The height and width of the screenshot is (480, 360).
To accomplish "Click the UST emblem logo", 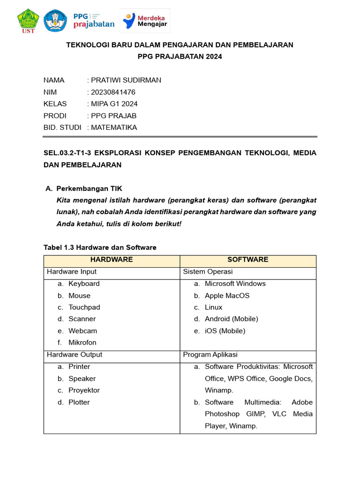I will point(28,21).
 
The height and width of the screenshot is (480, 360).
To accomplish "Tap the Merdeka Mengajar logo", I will point(145,21).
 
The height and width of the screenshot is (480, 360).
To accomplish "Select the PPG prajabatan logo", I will point(94,21).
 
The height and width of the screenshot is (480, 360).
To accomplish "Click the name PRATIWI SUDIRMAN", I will point(126,80).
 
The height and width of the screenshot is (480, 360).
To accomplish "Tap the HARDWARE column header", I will point(112,260).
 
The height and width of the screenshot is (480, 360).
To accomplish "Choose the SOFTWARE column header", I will point(248,260).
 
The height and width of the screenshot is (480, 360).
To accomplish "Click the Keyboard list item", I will point(84,284).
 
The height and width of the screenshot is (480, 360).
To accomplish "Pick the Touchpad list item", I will point(84,307).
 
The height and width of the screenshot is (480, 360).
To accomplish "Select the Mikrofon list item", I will point(82,343).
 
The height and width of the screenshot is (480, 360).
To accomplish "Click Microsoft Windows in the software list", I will point(235,284).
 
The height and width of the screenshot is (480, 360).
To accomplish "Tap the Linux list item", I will point(213,307).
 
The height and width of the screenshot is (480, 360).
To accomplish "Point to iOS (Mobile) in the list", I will point(225,331).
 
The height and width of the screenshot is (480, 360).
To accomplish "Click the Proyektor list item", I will point(84,390).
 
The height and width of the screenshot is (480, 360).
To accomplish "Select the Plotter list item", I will point(79,402).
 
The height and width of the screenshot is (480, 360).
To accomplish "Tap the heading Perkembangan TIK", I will point(89,188).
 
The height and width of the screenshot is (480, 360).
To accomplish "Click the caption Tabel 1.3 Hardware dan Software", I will point(100,247).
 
